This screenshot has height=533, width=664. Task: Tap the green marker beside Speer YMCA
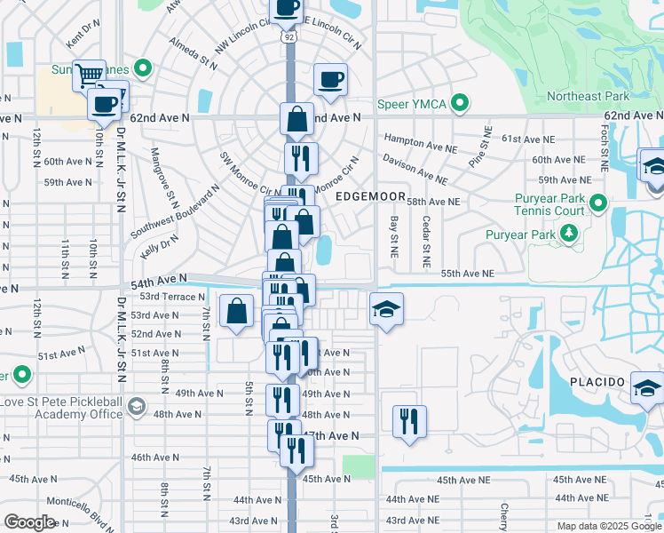point(460,104)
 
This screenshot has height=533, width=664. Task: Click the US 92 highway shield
point(289,38)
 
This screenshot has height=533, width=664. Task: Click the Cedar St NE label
point(426,243)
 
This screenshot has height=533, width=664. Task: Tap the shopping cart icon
point(89,76)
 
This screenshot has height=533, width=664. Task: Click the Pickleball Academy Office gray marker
point(136,407)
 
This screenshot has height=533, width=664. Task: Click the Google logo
point(30,521)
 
